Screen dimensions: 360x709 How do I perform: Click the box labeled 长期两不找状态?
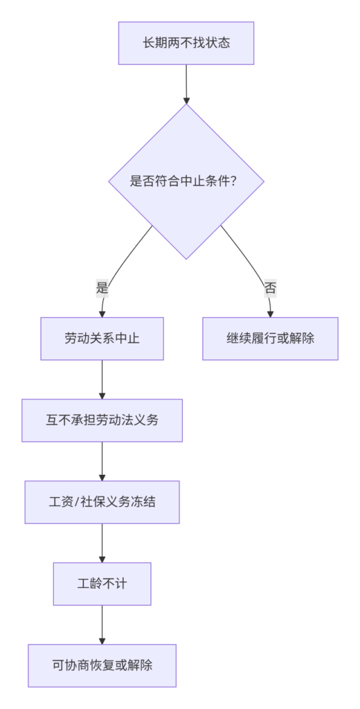[186, 43]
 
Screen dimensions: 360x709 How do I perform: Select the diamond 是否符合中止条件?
[186, 181]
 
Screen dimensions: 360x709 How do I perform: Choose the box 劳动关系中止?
[102, 339]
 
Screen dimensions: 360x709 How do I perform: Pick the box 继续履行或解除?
[270, 339]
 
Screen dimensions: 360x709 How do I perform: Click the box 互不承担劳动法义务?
[102, 420]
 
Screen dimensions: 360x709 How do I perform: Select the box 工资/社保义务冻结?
[102, 502]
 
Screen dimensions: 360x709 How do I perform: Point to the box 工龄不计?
[102, 584]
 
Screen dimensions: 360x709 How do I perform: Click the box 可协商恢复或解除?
[102, 665]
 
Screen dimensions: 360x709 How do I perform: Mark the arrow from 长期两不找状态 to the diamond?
[186, 84]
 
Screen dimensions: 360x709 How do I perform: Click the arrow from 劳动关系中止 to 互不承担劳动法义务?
[102, 379]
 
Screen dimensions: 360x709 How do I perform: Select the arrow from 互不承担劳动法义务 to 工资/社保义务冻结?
[102, 461]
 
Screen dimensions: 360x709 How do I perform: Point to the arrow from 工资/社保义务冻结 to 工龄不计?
[102, 543]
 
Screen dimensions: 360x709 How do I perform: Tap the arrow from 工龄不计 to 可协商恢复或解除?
[102, 625]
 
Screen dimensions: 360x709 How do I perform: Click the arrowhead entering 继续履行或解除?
[271, 314]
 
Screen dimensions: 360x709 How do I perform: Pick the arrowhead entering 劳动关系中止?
[102, 314]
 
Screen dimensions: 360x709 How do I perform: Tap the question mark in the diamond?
[233, 181]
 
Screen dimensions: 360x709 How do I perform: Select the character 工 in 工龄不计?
[83, 584]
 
